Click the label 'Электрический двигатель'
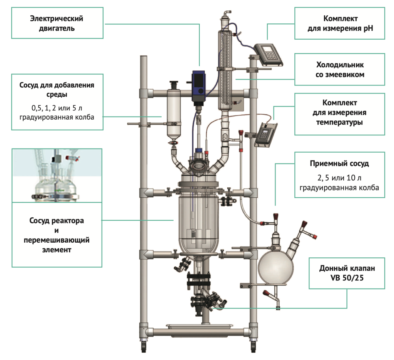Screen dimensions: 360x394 click(57, 23)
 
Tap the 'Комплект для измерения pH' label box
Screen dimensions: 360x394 click(340, 23)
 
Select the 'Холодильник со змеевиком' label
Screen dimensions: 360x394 click(340, 69)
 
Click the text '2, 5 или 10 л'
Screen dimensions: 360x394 click(340, 178)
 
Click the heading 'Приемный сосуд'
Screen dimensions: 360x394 click(340, 164)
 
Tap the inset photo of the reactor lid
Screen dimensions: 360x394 click(57, 175)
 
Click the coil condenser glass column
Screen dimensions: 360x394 click(226, 69)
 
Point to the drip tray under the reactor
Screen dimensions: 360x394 click(199, 327)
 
